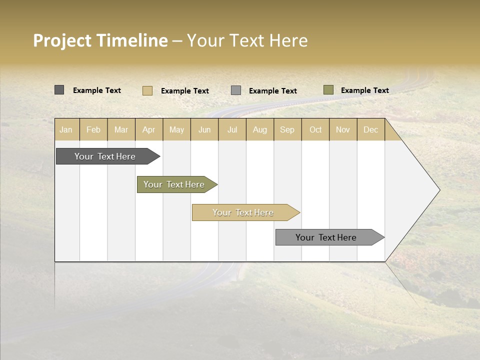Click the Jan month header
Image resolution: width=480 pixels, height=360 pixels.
(66, 129)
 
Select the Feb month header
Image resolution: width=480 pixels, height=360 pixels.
(93, 129)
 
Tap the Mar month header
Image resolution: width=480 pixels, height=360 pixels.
(121, 129)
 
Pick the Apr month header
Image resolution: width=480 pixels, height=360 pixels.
(149, 129)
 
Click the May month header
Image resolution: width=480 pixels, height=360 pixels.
(176, 129)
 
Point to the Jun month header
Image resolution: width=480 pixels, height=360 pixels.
(204, 129)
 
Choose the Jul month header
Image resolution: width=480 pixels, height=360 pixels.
(232, 129)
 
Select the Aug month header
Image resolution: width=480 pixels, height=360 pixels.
(260, 129)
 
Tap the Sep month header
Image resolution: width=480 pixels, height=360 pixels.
(287, 129)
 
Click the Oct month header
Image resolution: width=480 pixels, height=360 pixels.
(315, 129)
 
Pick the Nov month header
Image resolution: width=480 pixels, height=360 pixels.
(343, 129)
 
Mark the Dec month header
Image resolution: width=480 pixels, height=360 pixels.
(371, 129)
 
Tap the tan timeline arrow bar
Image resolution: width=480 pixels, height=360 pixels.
(243, 212)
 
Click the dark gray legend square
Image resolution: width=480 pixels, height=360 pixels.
(59, 90)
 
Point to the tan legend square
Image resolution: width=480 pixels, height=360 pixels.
(147, 90)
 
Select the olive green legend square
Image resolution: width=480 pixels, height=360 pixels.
(328, 90)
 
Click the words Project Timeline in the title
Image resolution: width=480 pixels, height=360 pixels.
(100, 40)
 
